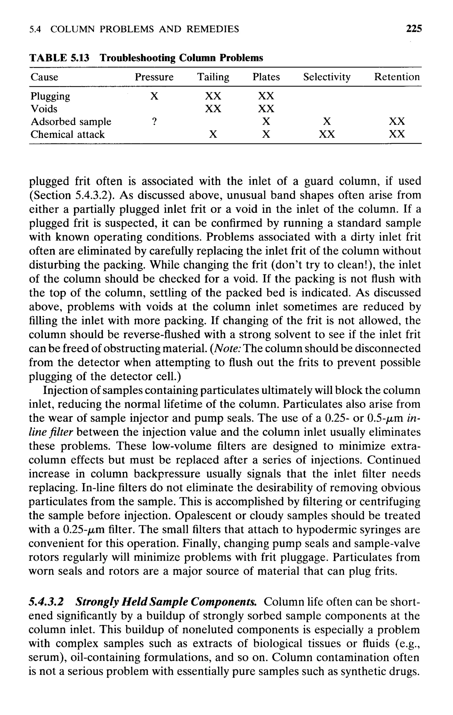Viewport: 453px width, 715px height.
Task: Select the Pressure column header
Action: [x=154, y=77]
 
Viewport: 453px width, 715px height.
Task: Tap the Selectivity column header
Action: [x=326, y=77]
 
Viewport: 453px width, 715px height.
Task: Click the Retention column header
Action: [x=397, y=77]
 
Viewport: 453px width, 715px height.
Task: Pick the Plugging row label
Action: [x=50, y=96]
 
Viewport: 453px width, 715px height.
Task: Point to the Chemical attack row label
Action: [x=67, y=135]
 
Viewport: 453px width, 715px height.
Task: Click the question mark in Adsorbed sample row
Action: [x=154, y=121]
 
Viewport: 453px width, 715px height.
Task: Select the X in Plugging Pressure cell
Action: [x=154, y=96]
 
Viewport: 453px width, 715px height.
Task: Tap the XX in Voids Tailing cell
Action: [x=213, y=109]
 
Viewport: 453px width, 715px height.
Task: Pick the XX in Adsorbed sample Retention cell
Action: [x=397, y=121]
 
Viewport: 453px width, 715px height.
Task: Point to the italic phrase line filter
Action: [x=51, y=432]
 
